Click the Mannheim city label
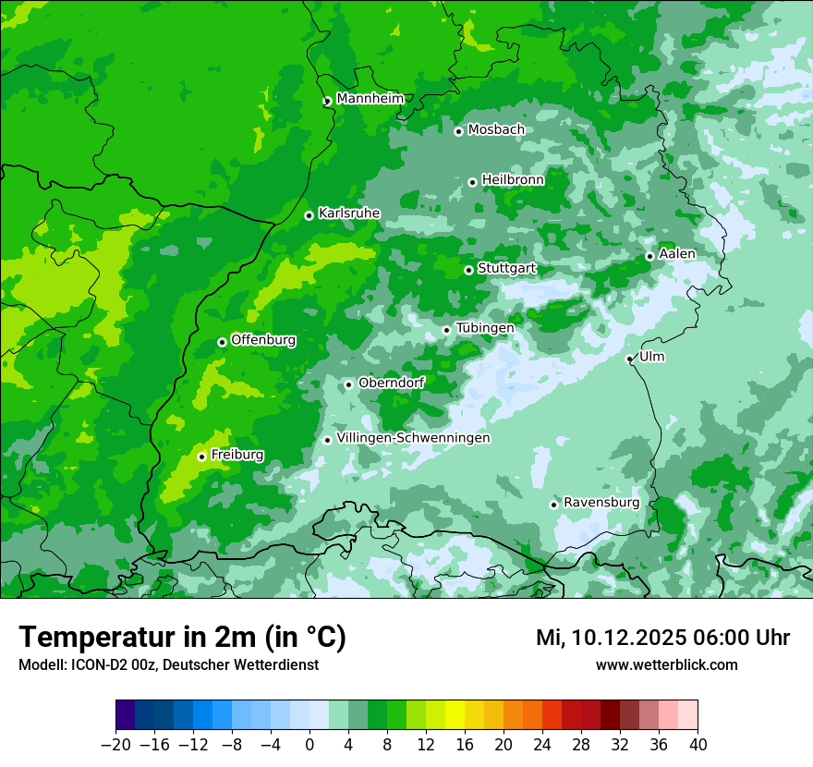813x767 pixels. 370,99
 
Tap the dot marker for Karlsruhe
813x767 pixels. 309,215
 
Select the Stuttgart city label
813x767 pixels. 506,269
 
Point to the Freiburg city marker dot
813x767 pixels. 201,457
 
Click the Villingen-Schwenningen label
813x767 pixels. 413,438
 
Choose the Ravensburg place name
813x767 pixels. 601,503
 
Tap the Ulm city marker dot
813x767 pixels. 629,359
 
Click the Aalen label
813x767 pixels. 677,254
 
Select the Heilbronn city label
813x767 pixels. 513,180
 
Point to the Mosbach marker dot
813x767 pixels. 458,131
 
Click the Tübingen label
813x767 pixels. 485,328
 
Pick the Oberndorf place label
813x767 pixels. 391,383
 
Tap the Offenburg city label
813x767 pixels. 263,340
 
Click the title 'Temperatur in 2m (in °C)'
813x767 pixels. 182,638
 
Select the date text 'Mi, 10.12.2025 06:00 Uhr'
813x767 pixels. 662,638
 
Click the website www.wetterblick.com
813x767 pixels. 666,664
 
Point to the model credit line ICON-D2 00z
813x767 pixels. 168,664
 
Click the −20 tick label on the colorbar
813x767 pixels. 115,745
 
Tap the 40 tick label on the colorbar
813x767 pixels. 698,745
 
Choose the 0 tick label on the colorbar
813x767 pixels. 309,745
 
